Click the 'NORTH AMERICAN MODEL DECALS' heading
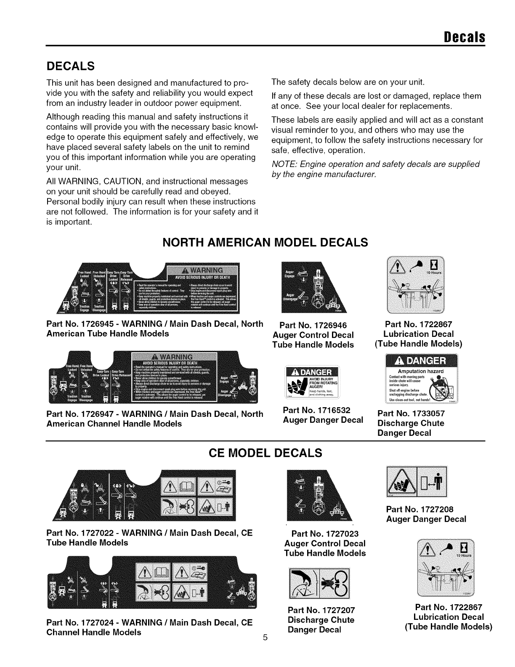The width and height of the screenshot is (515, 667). pyautogui.click(x=265, y=243)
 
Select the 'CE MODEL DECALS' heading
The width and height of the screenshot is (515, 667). pyautogui.click(x=265, y=453)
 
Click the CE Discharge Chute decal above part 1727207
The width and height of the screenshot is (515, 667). pyautogui.click(x=320, y=583)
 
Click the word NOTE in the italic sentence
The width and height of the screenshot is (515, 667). pyautogui.click(x=283, y=164)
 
